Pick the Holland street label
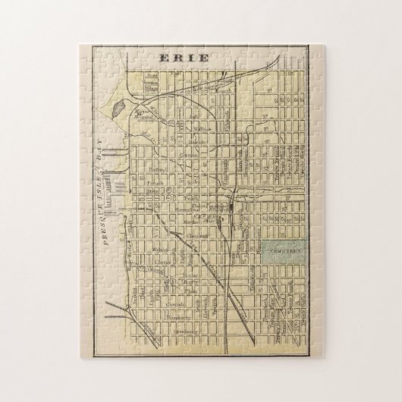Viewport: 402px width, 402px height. pos(157,170)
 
